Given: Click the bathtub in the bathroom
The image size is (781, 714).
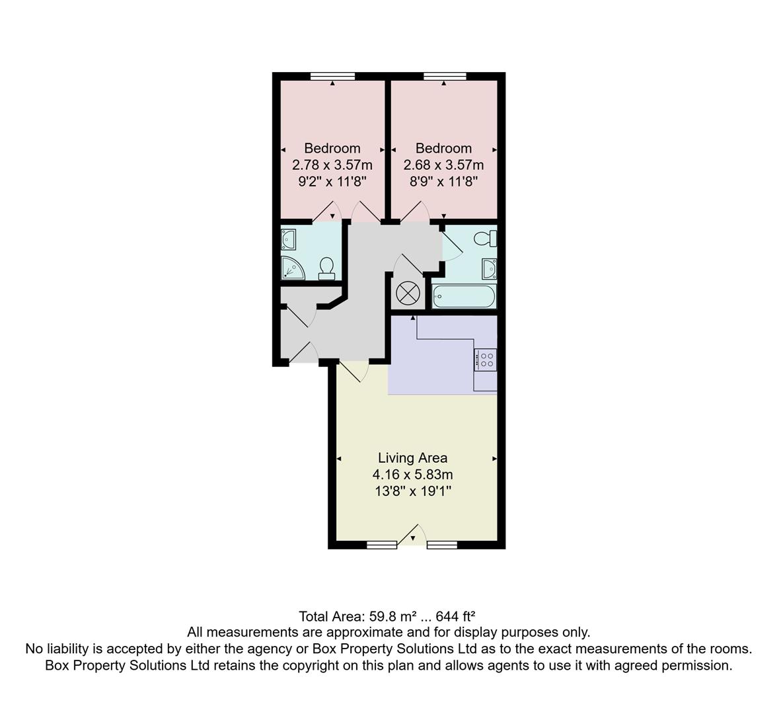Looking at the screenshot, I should pos(463,296).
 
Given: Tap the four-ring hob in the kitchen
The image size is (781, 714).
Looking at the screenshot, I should pos(486,359).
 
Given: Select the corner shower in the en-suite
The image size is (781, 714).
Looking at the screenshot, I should pos(291,267).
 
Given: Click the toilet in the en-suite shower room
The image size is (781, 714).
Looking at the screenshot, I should pos(326,268).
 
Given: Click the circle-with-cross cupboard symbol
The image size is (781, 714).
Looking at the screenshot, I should pos(407,293).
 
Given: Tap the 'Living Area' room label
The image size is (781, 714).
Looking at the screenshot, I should pos(412,457).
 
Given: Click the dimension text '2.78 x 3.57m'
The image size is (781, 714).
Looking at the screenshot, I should pos(332,165).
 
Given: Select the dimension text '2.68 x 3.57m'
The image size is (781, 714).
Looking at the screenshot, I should pos(443,165).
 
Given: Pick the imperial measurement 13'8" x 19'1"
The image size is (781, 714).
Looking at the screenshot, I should pos(412,491).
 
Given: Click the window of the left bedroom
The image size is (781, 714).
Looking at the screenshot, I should pos(332,77).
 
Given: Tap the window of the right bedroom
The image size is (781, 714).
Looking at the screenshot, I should pos(444,77).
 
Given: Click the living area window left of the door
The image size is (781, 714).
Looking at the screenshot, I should pos(382,545).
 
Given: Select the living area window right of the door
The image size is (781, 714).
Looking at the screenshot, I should pos(442,545).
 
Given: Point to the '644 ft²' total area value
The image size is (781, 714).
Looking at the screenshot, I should pos(456,617).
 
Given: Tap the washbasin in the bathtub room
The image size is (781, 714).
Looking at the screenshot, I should pos(489,268).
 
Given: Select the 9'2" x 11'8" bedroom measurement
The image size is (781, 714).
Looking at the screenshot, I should pos(332,181).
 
